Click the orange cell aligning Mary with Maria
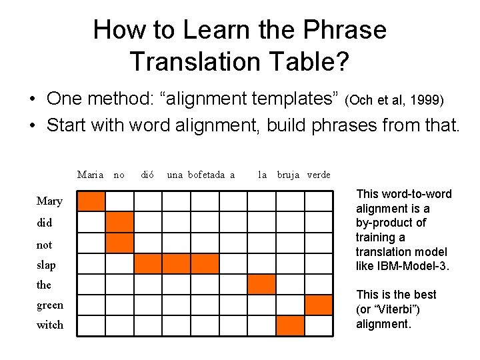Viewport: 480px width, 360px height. click(91, 201)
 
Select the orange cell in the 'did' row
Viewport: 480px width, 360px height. click(119, 222)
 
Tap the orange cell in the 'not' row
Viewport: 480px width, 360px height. click(119, 243)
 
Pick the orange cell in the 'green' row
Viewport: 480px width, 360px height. click(319, 305)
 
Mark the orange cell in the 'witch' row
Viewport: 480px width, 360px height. click(290, 325)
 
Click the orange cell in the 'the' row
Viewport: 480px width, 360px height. click(261, 284)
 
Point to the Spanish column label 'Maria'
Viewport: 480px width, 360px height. click(90, 175)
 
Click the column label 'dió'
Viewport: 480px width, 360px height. click(147, 175)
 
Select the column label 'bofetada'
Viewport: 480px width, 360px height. click(207, 175)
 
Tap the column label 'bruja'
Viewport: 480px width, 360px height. click(288, 175)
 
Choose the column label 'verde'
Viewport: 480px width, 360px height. click(318, 175)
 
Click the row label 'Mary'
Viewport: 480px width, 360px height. click(49, 201)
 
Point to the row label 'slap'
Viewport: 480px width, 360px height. click(46, 265)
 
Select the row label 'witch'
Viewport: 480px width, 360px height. click(50, 325)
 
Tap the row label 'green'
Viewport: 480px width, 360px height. click(50, 305)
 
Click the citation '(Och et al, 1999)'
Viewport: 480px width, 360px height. click(395, 101)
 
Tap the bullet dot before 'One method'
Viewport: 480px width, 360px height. click(32, 100)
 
